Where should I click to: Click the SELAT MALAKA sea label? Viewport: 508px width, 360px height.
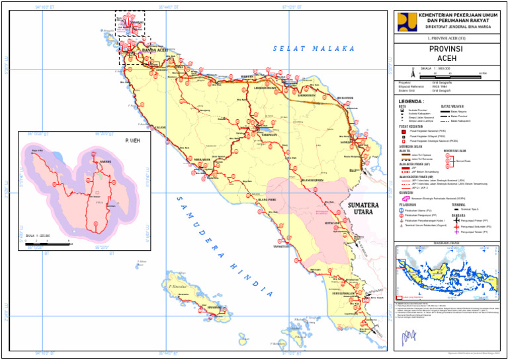[x=314, y=48]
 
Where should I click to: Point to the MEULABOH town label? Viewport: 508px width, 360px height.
[x=202, y=159]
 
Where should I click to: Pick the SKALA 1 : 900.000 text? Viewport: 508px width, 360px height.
[x=436, y=67]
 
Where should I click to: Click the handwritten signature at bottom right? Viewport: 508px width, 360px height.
[x=403, y=340]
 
